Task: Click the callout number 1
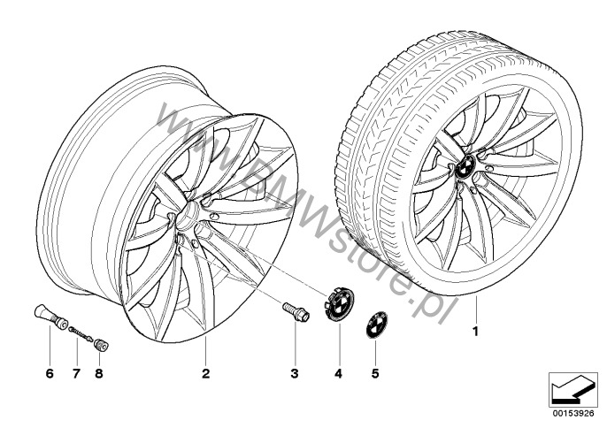[x=475, y=332]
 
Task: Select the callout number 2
[x=205, y=373]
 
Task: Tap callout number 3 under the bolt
[x=295, y=373]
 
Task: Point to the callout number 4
[x=339, y=373]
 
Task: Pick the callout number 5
[x=375, y=373]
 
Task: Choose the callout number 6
[x=50, y=373]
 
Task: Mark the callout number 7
[x=76, y=373]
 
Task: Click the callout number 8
[x=99, y=373]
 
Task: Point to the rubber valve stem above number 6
[x=50, y=317]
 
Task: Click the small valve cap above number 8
[x=102, y=345]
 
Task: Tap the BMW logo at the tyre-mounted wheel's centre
[x=465, y=167]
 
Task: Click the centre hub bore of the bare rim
[x=188, y=217]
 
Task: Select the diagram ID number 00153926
[x=573, y=413]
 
